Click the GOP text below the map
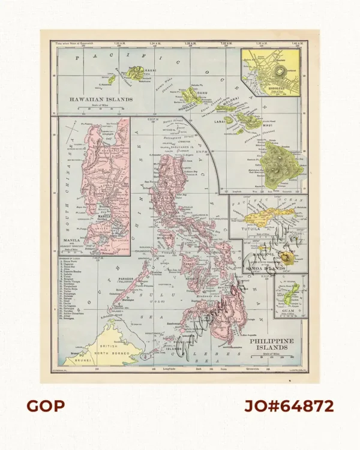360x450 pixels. (x=45, y=406)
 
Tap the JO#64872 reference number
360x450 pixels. (x=288, y=406)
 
